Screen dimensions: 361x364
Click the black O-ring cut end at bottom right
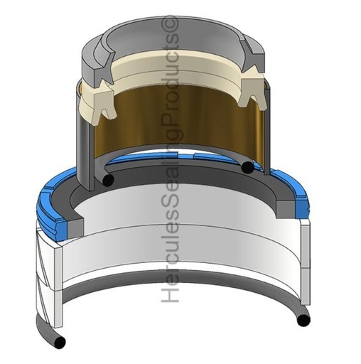(x=303, y=321)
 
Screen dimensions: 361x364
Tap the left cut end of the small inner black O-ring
(x=108, y=180)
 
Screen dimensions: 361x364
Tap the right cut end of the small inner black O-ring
(x=247, y=167)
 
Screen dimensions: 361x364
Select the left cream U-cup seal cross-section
(x=104, y=103)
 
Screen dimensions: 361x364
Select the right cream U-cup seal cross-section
(x=252, y=92)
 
